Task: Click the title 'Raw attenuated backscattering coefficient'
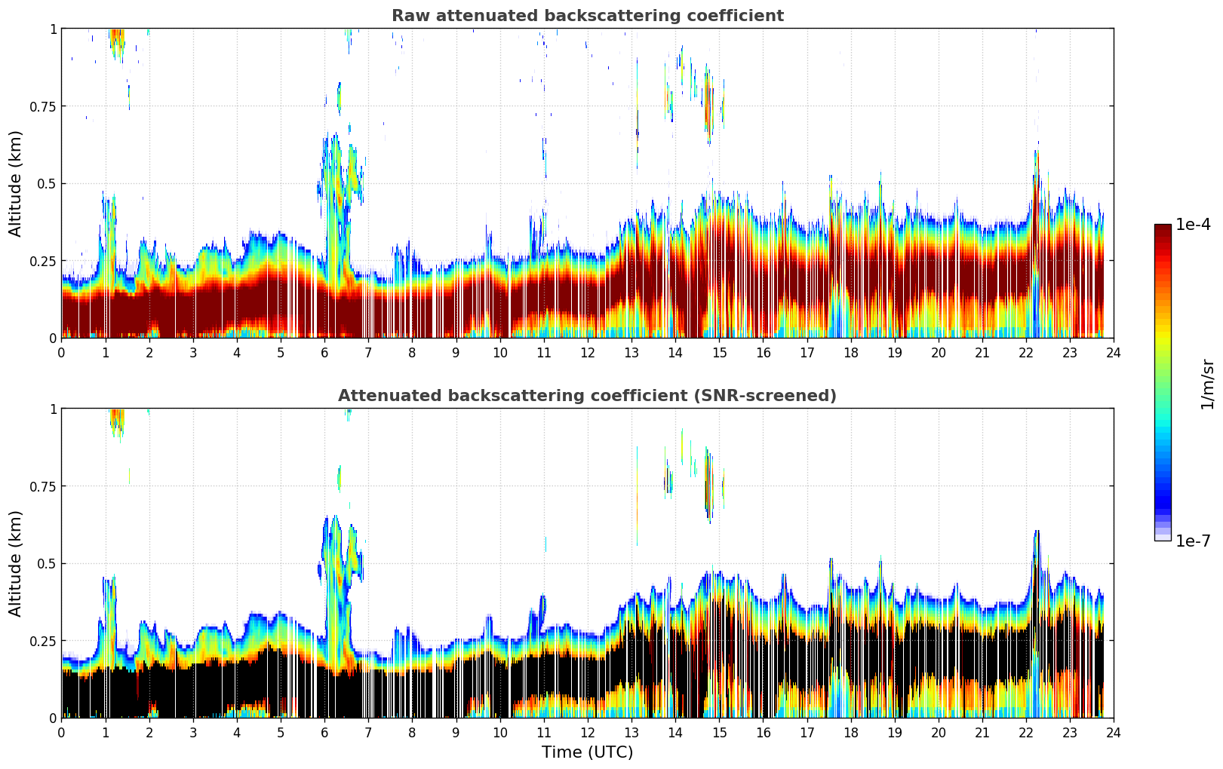[x=587, y=16]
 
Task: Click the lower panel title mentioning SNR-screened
[x=587, y=396]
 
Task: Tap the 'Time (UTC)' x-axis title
[x=587, y=752]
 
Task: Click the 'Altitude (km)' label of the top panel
[x=16, y=183]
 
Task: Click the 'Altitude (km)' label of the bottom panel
[x=16, y=563]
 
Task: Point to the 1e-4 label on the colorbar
[x=1193, y=225]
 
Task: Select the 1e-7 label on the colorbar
[x=1193, y=541]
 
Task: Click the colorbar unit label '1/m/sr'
[x=1207, y=384]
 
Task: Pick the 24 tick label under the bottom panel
[x=1114, y=733]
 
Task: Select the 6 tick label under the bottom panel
[x=324, y=733]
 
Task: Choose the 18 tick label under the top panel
[x=850, y=353]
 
